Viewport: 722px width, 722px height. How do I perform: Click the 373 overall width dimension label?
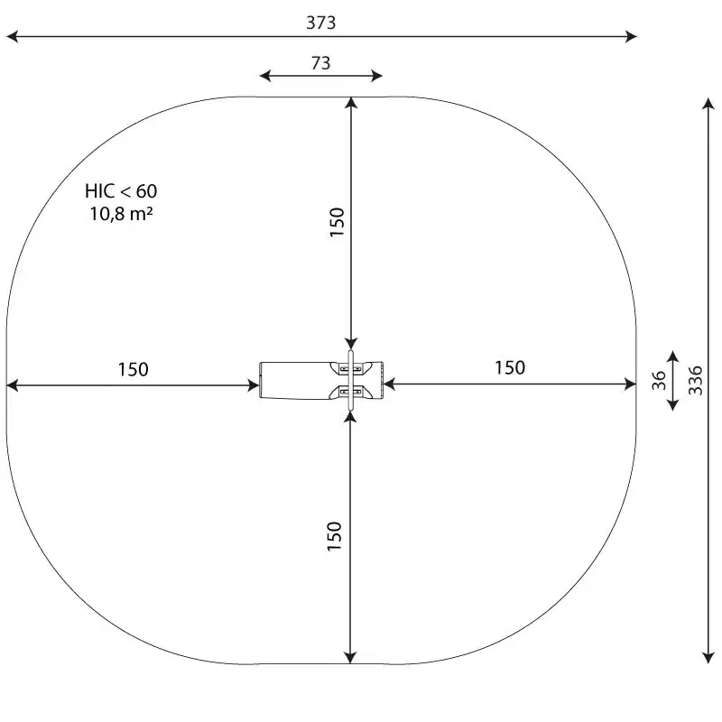pos(321,23)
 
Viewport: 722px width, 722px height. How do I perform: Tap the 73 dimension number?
pos(321,63)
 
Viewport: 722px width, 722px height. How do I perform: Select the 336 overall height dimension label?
pos(696,380)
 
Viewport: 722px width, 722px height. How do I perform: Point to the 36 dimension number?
pos(659,380)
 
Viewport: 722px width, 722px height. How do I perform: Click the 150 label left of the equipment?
pos(133,369)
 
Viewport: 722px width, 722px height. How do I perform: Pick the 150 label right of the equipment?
pos(510,367)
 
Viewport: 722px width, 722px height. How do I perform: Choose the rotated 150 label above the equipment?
pos(337,222)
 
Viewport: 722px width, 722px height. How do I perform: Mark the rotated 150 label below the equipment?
pos(334,536)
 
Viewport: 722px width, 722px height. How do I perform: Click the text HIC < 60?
pos(121,191)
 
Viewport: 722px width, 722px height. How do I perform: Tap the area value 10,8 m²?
pos(121,214)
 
